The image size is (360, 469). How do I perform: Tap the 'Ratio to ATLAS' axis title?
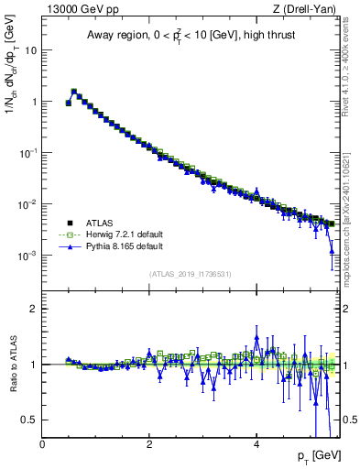[x=12, y=365]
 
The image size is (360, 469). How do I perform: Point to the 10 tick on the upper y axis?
[x=30, y=50]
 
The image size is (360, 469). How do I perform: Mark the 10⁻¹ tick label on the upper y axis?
[x=27, y=152]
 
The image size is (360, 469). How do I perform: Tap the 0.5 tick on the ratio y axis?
[x=29, y=420]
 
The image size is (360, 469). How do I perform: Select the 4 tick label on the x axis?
[x=256, y=445]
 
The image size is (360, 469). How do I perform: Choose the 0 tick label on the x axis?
[x=42, y=445]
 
